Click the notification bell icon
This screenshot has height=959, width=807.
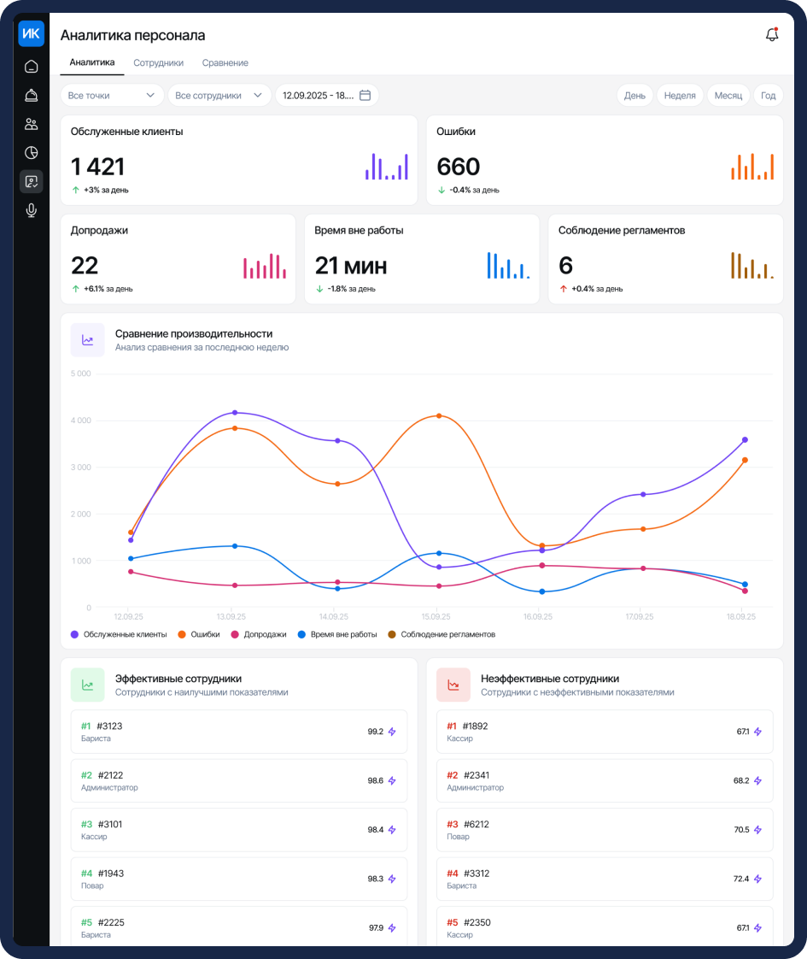[x=772, y=35]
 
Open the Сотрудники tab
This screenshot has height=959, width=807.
[x=158, y=63]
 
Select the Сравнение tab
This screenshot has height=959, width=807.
[x=225, y=63]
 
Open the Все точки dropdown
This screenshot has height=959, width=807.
[x=112, y=96]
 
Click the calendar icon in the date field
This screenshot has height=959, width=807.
[x=365, y=96]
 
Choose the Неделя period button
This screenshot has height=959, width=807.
[x=679, y=96]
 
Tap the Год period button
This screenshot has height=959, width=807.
[x=768, y=96]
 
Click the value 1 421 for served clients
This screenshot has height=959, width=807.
[x=97, y=167]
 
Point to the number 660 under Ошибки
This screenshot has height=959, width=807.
[x=459, y=167]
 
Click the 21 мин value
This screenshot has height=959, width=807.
[x=351, y=266]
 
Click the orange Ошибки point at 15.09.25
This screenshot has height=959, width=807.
[x=439, y=416]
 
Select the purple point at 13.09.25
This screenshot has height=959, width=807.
[x=235, y=413]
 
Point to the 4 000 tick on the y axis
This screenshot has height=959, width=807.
[x=80, y=421]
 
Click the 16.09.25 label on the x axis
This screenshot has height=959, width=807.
[x=538, y=616]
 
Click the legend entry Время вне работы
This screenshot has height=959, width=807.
[x=337, y=634]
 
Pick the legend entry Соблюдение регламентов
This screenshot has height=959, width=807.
[x=442, y=634]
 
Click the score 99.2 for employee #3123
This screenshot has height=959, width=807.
[x=375, y=732]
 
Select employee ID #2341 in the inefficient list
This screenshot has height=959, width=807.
[x=477, y=775]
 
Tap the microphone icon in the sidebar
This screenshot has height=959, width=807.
[x=31, y=210]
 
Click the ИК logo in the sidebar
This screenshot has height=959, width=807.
[x=31, y=33]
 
